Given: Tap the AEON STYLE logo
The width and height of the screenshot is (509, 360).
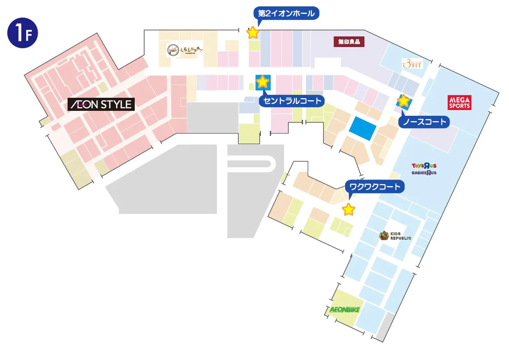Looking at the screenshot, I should pos(101,104).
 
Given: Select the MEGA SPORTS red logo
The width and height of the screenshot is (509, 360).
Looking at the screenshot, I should pos(460,102).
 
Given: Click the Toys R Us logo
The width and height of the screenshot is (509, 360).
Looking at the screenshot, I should pos(424,166).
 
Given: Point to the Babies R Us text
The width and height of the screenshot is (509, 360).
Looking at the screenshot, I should pos(424,173).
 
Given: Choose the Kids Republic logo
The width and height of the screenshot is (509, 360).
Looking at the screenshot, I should pos(395,236).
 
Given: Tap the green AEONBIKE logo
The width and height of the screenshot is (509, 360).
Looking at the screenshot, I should pos(344,310).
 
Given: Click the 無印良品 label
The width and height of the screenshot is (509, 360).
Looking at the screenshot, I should pos(349,41).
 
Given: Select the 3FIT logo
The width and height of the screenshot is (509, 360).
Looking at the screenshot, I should pos(412,64).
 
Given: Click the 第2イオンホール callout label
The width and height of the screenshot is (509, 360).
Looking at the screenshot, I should pos(287,13).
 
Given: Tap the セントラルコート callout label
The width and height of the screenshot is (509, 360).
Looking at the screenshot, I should pos(292,101).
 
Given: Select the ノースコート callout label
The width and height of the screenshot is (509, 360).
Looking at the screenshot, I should pos(424,122).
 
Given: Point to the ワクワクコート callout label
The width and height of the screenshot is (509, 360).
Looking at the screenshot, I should pos(375,187).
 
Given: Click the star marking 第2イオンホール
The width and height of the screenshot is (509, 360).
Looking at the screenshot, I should pos(253,32).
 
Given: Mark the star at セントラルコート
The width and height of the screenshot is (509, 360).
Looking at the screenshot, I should pos(262,82).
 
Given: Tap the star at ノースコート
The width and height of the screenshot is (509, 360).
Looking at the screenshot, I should pos(403,100).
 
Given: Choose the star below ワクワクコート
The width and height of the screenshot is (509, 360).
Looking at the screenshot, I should pos(348,209).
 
